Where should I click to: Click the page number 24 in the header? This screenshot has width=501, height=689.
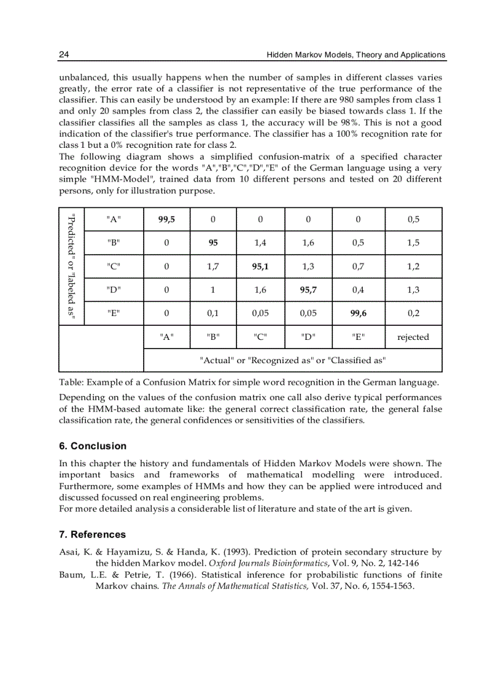click(63, 55)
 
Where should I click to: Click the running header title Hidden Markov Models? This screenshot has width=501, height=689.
click(355, 55)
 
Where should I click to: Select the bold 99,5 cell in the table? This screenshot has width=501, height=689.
click(167, 219)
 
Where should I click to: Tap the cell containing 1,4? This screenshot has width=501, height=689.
click(260, 242)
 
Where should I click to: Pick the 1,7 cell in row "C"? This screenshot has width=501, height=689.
click(213, 266)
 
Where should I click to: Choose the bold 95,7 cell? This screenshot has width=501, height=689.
click(308, 290)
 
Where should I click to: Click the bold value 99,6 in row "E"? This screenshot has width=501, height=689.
click(359, 313)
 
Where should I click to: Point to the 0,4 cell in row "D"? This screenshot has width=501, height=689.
click(359, 290)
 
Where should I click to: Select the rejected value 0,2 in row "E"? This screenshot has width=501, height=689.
click(413, 313)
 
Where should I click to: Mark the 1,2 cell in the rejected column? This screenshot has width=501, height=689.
click(413, 266)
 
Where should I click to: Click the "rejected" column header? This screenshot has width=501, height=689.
click(413, 337)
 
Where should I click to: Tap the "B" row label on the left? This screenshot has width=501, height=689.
click(114, 242)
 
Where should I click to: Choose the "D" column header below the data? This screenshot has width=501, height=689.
click(308, 337)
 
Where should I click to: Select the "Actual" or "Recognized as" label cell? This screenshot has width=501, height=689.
click(293, 360)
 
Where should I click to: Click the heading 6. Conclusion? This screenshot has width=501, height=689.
click(93, 446)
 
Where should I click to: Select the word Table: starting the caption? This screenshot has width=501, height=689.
click(71, 383)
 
